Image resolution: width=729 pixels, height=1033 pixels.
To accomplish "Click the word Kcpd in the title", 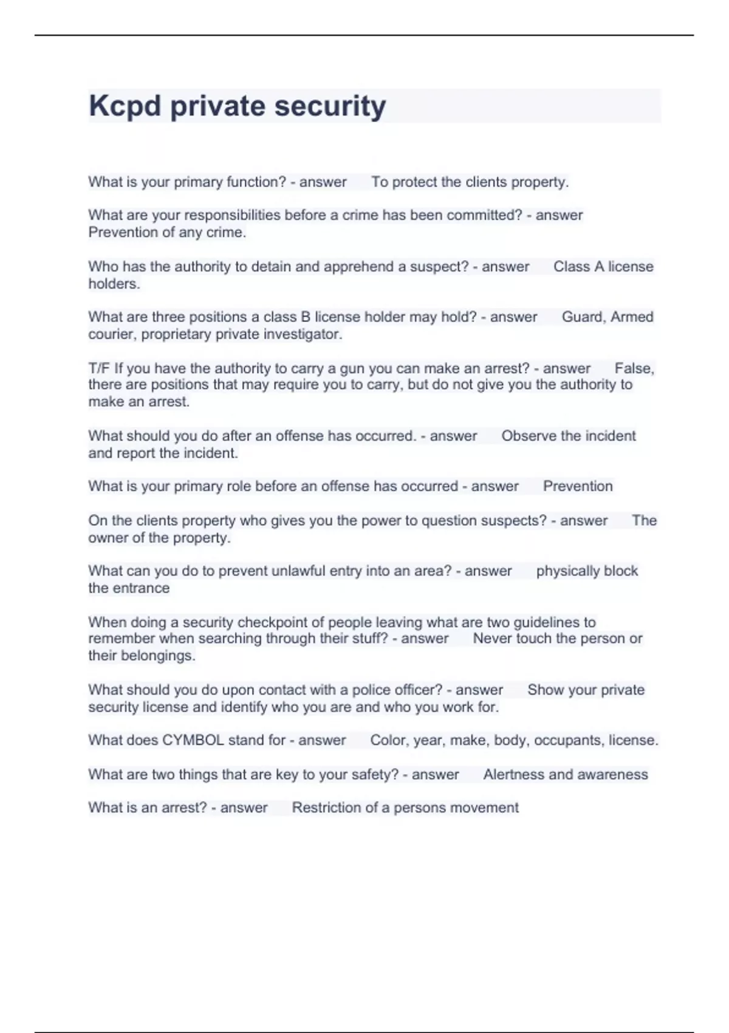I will point(125,106).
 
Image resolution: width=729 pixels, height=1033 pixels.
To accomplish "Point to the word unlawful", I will point(298,571).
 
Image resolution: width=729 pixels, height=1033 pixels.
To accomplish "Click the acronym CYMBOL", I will point(193,740).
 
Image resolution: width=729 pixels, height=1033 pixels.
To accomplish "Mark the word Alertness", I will point(514,775).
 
